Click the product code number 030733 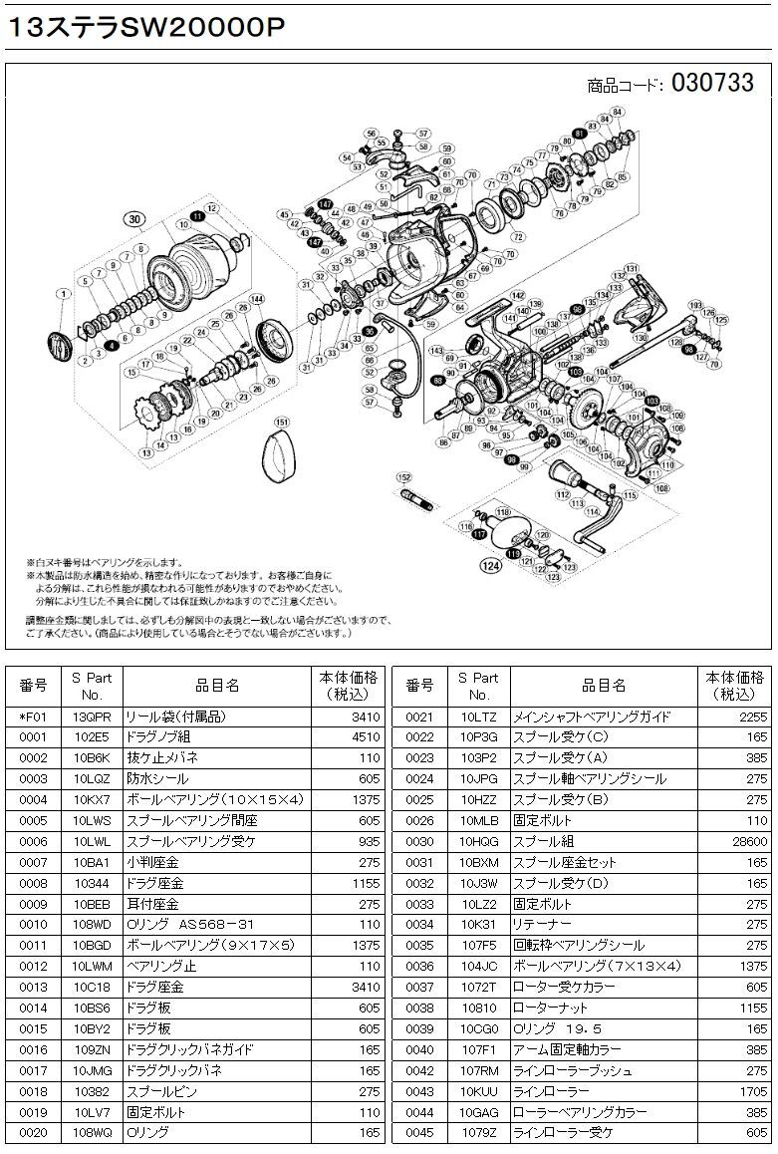712,83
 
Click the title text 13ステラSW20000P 146,29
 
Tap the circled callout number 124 491,569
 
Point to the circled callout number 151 282,422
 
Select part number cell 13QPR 92,717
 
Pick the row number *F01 34,717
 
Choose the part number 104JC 478,966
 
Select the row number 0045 420,1132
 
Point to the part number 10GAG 478,1111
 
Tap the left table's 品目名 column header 216,686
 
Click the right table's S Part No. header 478,686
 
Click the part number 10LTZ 478,717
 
